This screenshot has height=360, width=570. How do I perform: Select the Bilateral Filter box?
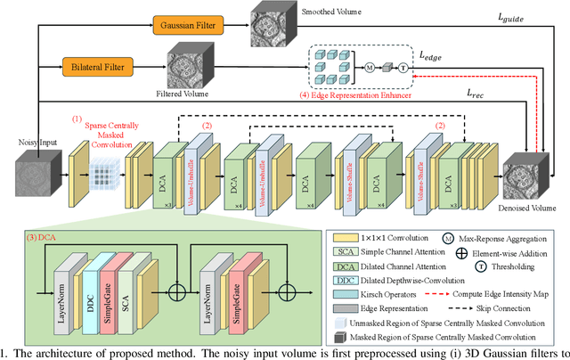click(98, 66)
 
